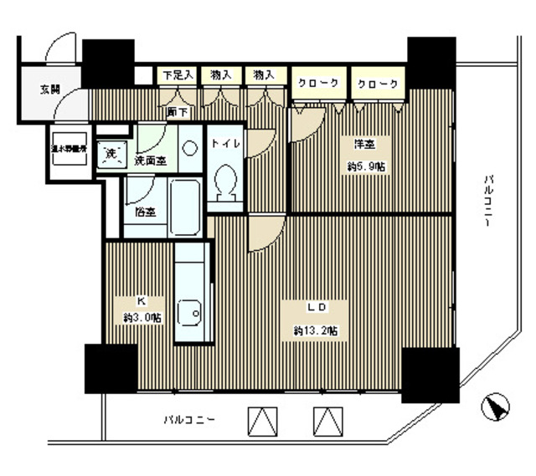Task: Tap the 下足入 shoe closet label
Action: click(x=178, y=74)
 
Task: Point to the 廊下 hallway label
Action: click(x=177, y=111)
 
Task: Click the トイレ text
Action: click(x=225, y=144)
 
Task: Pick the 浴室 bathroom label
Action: click(x=145, y=212)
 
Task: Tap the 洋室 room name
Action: click(x=361, y=144)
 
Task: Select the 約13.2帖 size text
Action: click(x=316, y=331)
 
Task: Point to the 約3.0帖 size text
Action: click(x=141, y=317)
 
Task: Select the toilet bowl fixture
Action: click(x=225, y=182)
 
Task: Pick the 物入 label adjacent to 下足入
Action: click(x=221, y=74)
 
